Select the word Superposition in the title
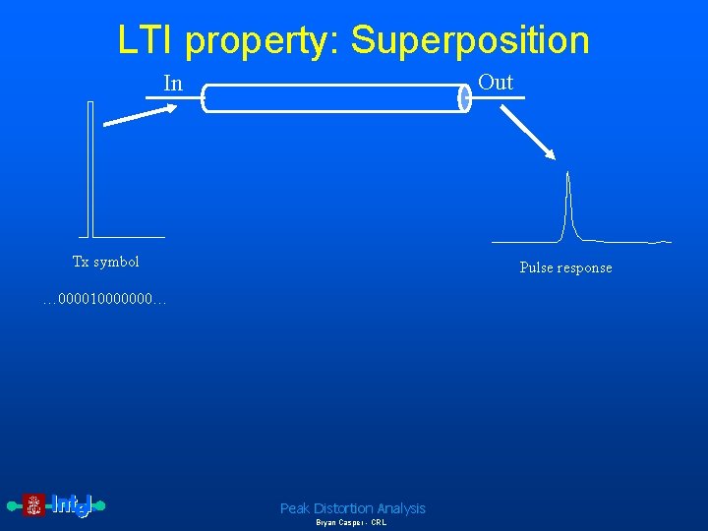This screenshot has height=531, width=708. tap(470, 40)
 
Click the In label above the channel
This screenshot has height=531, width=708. tap(173, 84)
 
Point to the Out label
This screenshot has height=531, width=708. tap(496, 83)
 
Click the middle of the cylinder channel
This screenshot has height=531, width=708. tap(334, 97)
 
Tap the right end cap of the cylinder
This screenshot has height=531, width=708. tap(465, 97)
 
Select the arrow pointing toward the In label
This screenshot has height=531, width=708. tap(141, 115)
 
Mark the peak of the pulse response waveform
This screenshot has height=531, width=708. tap(567, 175)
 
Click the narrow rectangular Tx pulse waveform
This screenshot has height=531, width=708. tap(89, 167)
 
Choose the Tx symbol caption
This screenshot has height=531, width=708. tap(106, 262)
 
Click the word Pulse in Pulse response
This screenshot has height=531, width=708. tap(537, 267)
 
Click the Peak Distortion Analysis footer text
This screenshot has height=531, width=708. tap(353, 508)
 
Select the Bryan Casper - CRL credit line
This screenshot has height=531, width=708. tap(351, 523)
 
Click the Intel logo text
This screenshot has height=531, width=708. tap(71, 505)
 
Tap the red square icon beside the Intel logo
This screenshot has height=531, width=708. tap(34, 506)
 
